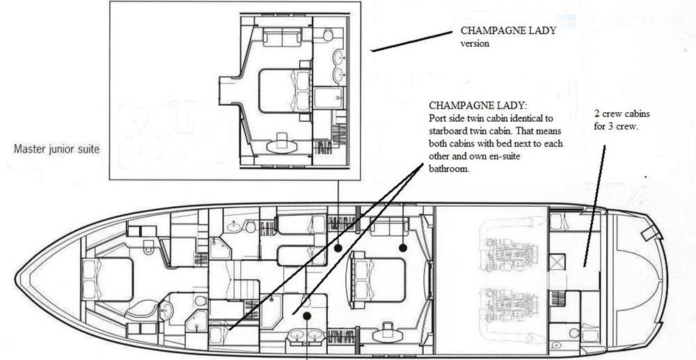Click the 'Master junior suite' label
click(56, 149)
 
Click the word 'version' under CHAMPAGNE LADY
click(475, 43)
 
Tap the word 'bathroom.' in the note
click(449, 169)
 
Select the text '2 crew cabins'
click(622, 114)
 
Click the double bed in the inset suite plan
click(285, 91)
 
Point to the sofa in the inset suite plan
click(282, 38)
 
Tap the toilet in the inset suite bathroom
click(328, 34)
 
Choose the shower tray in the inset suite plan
click(328, 97)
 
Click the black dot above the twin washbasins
click(306, 315)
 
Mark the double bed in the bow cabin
click(107, 279)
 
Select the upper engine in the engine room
click(507, 255)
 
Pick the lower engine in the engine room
click(507, 305)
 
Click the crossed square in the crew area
click(557, 262)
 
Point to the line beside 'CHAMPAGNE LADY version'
click(412, 41)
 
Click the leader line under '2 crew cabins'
click(594, 206)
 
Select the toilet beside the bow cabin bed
click(149, 246)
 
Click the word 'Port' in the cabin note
click(437, 119)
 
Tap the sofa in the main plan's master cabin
click(389, 226)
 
